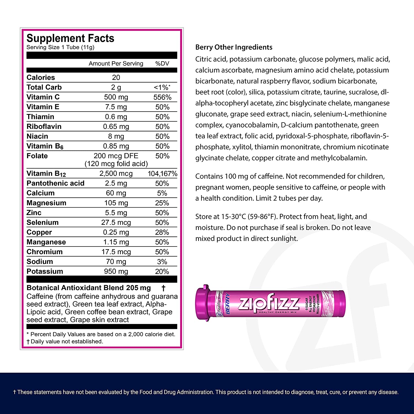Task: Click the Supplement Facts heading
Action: (x=70, y=38)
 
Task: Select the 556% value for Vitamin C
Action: (x=162, y=97)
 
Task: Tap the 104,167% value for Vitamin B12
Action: (x=162, y=174)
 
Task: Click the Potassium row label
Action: (x=45, y=271)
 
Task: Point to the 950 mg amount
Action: (x=116, y=271)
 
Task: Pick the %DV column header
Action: (x=162, y=63)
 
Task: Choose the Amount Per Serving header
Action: (x=116, y=63)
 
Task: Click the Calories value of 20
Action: (x=116, y=78)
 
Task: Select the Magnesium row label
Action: (x=46, y=203)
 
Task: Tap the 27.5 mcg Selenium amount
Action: (x=116, y=222)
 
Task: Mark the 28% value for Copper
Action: (x=162, y=232)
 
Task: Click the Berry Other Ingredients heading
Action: (x=234, y=47)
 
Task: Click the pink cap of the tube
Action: (x=205, y=303)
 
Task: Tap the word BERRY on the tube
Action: (x=228, y=304)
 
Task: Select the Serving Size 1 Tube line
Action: (x=60, y=47)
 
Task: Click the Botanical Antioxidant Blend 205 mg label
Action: (x=89, y=288)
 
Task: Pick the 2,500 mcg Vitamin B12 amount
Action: (x=116, y=174)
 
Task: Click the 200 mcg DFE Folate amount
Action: (x=116, y=156)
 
